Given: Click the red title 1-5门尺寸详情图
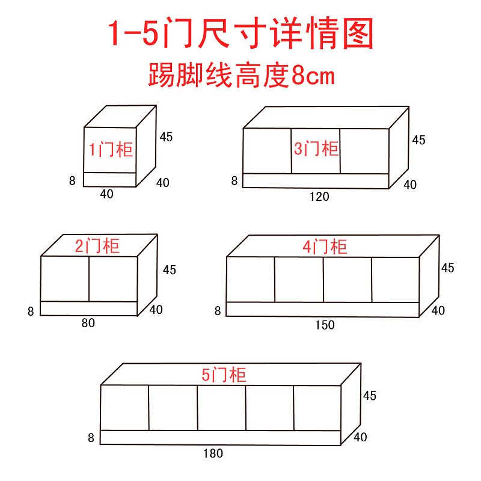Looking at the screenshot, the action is tap(241, 33).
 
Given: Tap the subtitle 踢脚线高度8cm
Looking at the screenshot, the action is tap(242, 75).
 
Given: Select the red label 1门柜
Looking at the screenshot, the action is tap(111, 150).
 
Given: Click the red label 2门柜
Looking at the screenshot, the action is tap(97, 246).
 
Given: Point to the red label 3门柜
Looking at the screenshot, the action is tap(316, 149).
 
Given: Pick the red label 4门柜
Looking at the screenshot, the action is tap(325, 247).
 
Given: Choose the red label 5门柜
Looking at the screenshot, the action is tap(224, 375).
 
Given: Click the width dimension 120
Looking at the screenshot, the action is tap(319, 197).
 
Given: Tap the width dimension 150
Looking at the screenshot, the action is tap(325, 325).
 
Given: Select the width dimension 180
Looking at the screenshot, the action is tap(213, 453).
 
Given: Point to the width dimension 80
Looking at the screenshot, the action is tap(88, 323).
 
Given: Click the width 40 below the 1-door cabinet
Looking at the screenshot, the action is tap(106, 194).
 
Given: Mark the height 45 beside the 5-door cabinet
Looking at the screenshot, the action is tap(370, 396).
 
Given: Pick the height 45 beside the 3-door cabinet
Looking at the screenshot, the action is tap(418, 140).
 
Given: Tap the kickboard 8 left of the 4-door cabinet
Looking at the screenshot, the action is tap(218, 311).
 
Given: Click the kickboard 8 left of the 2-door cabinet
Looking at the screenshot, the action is tap(31, 311).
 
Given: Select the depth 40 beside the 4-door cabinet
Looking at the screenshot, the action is tap(438, 311).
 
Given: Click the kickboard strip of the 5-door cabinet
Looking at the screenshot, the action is tap(221, 438).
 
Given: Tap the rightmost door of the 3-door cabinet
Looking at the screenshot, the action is tap(364, 152).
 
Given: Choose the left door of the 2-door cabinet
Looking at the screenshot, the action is tap(65, 279).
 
